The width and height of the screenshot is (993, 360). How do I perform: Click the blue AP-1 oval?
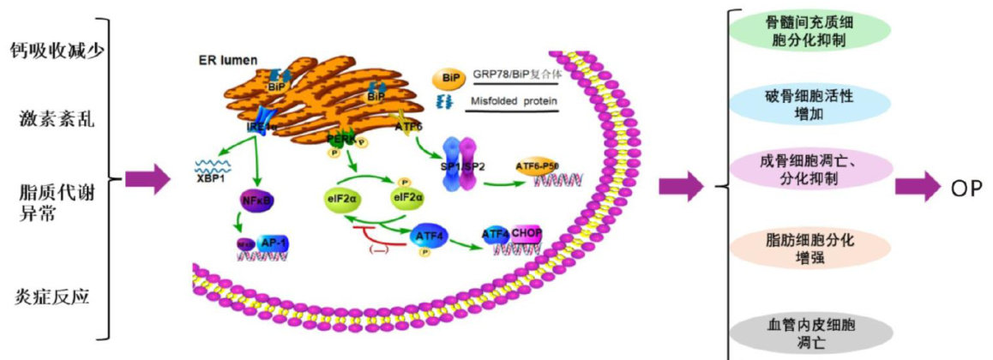272,243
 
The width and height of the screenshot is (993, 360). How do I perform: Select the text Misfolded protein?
515,102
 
